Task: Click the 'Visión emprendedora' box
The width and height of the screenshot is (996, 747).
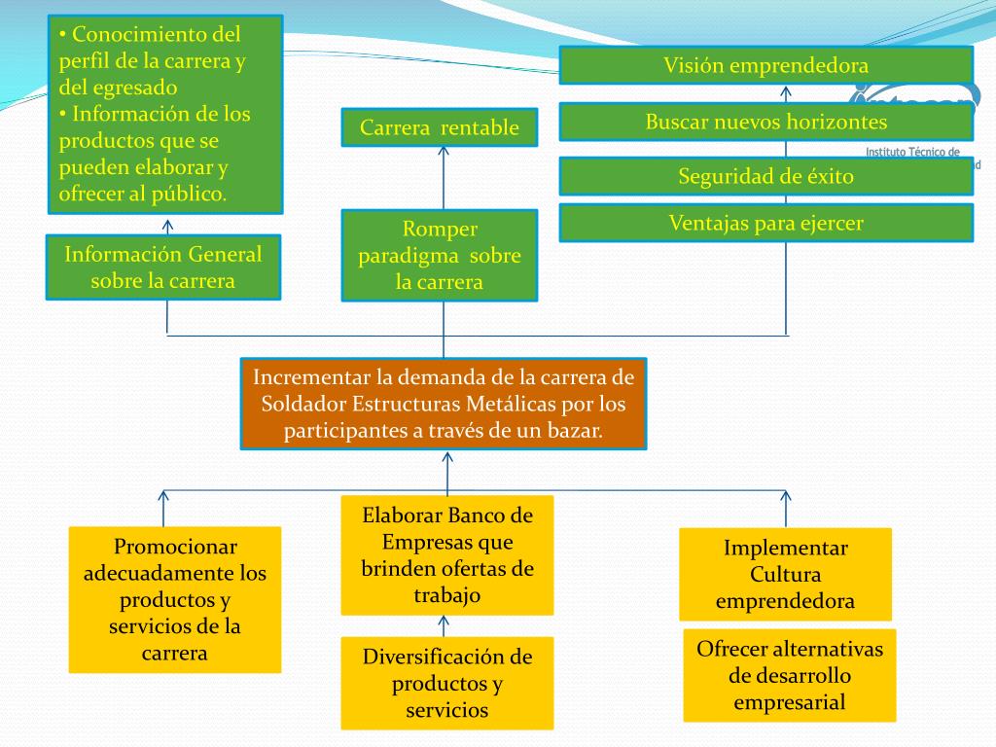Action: pyautogui.click(x=765, y=66)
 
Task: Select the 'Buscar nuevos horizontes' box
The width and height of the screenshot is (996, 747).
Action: pyautogui.click(x=765, y=123)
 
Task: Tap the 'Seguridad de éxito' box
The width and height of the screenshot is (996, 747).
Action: pyautogui.click(x=765, y=176)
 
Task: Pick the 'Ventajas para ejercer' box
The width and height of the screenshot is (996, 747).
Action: pyautogui.click(x=765, y=223)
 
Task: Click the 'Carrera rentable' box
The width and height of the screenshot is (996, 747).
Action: pyautogui.click(x=440, y=127)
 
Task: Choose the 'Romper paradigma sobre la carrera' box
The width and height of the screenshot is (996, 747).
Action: pyautogui.click(x=440, y=256)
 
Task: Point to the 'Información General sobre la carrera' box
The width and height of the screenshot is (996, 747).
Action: pyautogui.click(x=163, y=267)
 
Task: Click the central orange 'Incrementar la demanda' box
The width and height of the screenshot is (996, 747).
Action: pyautogui.click(x=444, y=404)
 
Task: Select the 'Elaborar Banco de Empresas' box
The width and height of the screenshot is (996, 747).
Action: pyautogui.click(x=447, y=554)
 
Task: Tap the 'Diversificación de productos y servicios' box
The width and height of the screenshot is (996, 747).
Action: pyautogui.click(x=447, y=683)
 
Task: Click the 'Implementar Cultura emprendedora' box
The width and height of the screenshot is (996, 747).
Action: pyautogui.click(x=785, y=574)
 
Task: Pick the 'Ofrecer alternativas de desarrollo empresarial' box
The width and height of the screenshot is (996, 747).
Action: pyautogui.click(x=790, y=675)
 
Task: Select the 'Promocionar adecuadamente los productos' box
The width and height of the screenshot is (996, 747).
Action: pyautogui.click(x=175, y=599)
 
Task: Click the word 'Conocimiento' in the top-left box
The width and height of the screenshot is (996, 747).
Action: pyautogui.click(x=156, y=35)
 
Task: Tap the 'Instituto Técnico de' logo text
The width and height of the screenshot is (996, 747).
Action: pyautogui.click(x=912, y=153)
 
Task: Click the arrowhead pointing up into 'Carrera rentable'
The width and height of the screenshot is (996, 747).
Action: pyautogui.click(x=444, y=151)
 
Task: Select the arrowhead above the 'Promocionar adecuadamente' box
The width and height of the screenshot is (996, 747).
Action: pyautogui.click(x=163, y=494)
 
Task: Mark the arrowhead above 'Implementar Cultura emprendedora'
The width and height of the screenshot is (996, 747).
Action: pyautogui.click(x=786, y=494)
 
